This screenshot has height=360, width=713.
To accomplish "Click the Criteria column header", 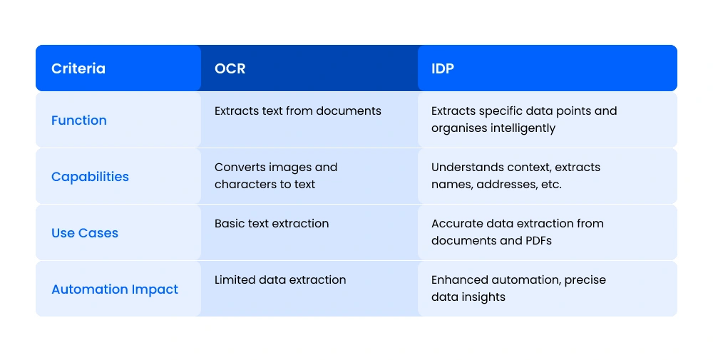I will [x=78, y=68].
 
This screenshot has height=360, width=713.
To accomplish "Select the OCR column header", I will [x=230, y=68].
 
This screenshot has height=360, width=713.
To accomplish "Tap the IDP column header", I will [x=443, y=68].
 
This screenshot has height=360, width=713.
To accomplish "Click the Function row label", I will [x=79, y=120].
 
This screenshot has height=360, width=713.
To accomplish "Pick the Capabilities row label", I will [x=90, y=177].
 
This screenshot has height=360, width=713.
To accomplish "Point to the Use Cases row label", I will [x=85, y=233].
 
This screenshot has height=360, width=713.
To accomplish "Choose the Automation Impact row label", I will [x=115, y=289].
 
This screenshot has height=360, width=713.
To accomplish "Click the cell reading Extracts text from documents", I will [x=298, y=111].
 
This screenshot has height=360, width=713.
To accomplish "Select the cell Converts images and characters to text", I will [x=276, y=175].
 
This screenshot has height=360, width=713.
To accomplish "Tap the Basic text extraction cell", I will [x=272, y=224].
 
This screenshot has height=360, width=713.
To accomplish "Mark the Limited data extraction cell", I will [x=280, y=280].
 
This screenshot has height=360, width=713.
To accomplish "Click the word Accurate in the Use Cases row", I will [x=458, y=224].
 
